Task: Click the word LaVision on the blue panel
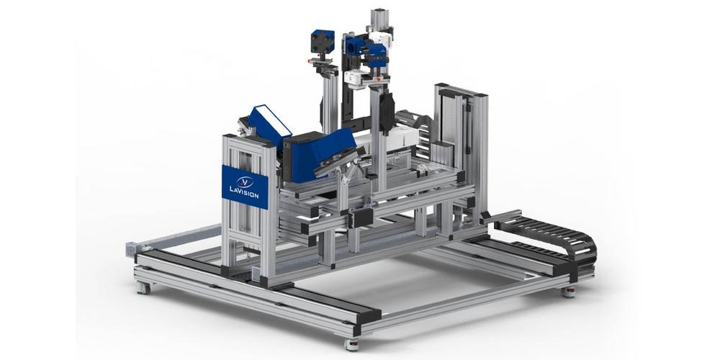click(x=244, y=192)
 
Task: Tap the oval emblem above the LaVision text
click(x=245, y=182)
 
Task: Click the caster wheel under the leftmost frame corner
click(x=143, y=288)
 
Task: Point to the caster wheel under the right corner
click(x=569, y=292)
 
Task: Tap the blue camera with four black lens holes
click(x=323, y=42)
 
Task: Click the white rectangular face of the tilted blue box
click(x=274, y=119)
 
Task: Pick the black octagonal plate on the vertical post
click(x=387, y=111)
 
